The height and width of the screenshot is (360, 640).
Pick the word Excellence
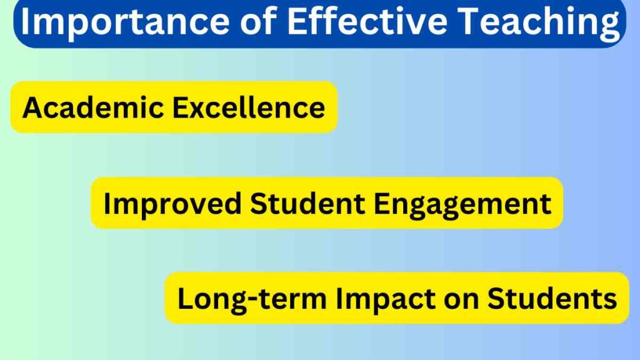coord(249,107)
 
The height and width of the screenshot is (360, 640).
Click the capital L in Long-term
coord(186,298)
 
